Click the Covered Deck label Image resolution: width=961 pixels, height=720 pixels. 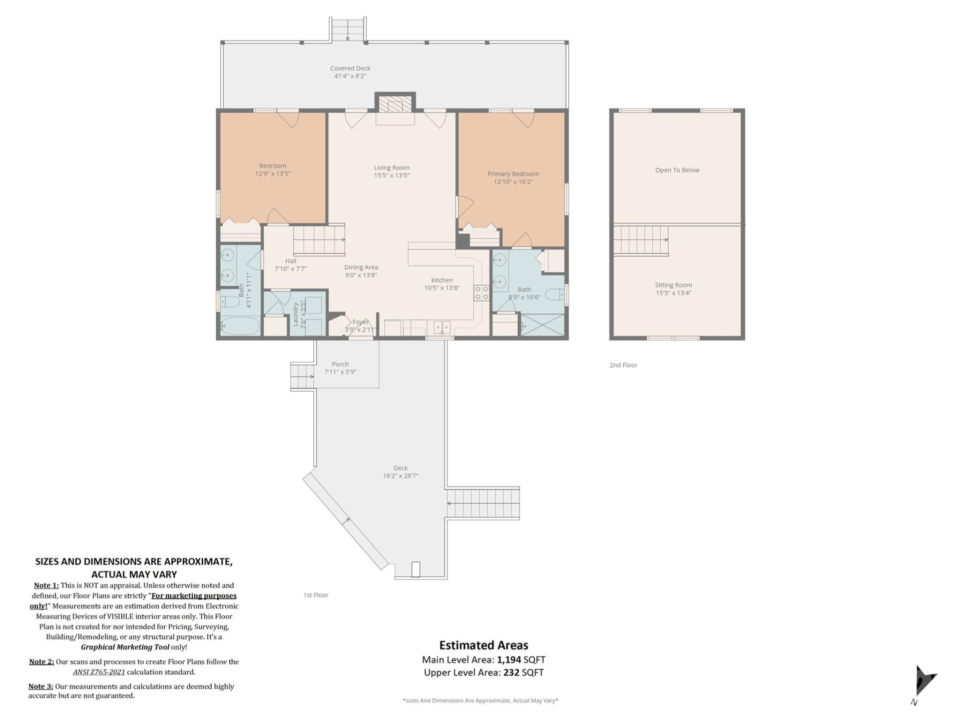coord(350,68)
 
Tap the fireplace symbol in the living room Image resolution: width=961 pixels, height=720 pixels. coord(395,105)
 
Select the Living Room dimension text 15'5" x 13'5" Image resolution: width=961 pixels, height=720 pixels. coord(391,175)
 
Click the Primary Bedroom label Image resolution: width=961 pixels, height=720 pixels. coord(513,174)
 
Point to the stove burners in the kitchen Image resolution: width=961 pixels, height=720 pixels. coord(482,293)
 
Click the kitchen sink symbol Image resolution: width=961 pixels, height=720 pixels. coord(441,327)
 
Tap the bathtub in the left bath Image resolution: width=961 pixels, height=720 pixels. coord(240,326)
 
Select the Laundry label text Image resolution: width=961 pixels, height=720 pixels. coord(296,314)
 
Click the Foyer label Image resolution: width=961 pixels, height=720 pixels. coord(360,322)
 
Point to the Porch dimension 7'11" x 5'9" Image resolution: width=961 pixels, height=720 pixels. coord(340,372)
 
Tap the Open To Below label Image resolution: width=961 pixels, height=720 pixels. coord(677,170)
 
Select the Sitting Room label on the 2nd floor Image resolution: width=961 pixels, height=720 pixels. coord(673,285)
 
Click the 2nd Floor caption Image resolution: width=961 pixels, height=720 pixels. coord(623,365)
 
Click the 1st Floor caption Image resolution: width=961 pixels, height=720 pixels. coord(315,595)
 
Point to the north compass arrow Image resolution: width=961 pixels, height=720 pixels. coord(923,681)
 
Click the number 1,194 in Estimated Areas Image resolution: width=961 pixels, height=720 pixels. coord(509,659)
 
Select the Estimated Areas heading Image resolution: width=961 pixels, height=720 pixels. coord(484,645)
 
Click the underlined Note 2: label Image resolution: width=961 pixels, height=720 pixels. coord(42,661)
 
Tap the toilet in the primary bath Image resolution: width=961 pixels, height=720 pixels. coord(554,294)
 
